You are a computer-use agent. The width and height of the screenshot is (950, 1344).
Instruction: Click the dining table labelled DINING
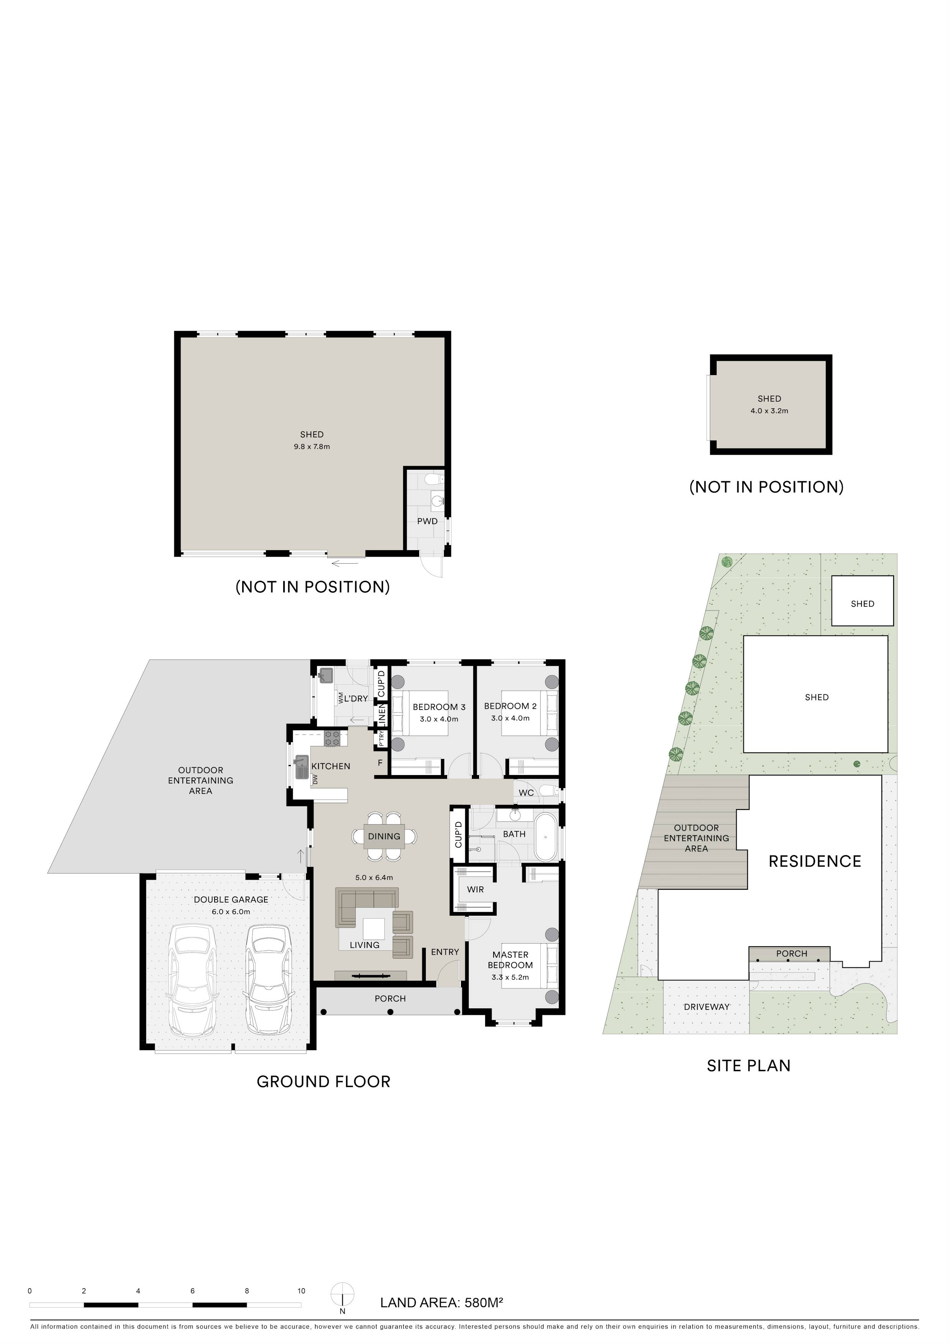click(x=384, y=836)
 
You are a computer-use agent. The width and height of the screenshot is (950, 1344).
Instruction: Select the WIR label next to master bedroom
click(x=475, y=889)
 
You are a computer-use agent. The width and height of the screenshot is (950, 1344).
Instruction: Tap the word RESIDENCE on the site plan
click(x=815, y=861)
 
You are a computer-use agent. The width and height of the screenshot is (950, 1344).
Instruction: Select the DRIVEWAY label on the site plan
click(x=707, y=1007)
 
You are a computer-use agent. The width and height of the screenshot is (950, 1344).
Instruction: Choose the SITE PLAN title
click(x=748, y=1065)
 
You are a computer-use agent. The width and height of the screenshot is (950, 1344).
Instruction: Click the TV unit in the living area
click(x=370, y=975)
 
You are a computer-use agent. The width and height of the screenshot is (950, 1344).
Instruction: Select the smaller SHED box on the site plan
click(x=862, y=601)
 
